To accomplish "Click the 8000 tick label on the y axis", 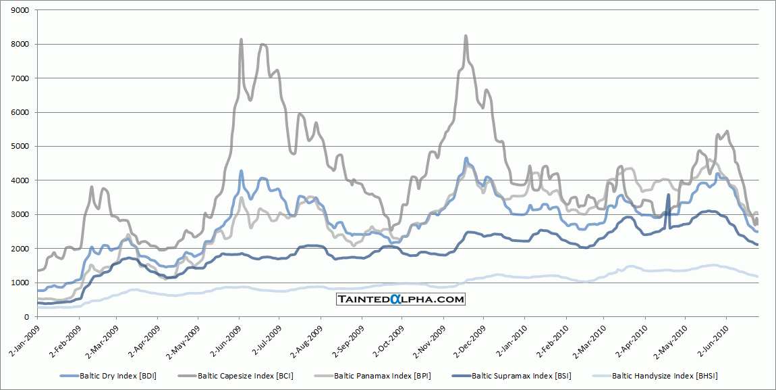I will click(x=20, y=45).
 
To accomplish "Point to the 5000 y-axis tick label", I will click(x=20, y=147).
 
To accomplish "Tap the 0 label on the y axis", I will click(x=26, y=317).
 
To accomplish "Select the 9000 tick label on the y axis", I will click(x=20, y=11).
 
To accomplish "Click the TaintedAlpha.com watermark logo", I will click(x=401, y=299).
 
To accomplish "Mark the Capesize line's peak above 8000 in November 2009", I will click(x=466, y=36).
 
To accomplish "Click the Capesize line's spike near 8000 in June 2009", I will click(x=242, y=40).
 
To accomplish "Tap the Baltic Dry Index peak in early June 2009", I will click(x=241, y=171).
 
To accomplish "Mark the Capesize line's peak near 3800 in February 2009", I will click(x=91, y=187).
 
